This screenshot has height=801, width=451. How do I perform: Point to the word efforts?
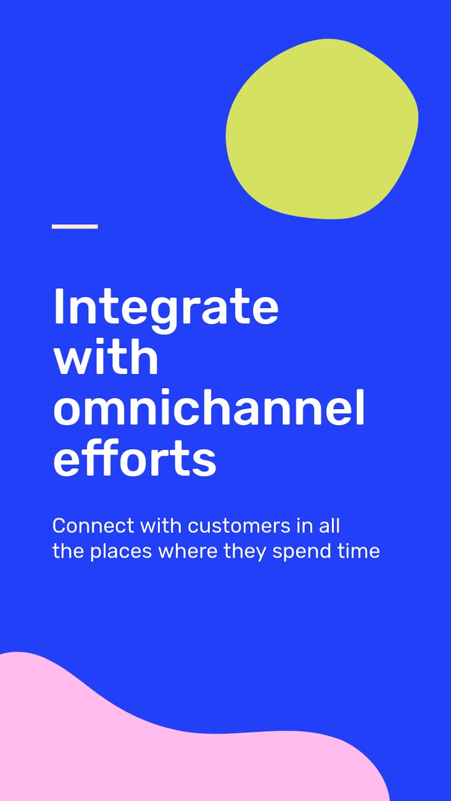[x=134, y=458]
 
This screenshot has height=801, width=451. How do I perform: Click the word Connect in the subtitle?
[x=93, y=526]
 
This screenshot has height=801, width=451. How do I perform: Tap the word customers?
[x=239, y=526]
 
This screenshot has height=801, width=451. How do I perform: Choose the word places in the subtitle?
[x=121, y=551]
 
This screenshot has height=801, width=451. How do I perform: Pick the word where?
[x=188, y=551]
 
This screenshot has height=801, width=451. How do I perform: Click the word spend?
[x=301, y=551]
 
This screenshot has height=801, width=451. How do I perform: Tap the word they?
[x=245, y=551]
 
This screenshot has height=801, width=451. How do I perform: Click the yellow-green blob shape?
[x=322, y=129]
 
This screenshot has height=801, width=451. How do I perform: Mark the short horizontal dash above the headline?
[x=75, y=226]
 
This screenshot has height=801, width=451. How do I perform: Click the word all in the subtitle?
[x=329, y=526]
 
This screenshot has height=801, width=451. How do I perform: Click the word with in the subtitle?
[x=160, y=526]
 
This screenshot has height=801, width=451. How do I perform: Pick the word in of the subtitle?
[x=304, y=526]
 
